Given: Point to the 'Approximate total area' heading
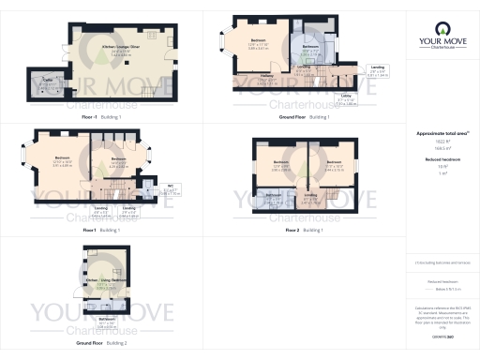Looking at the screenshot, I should click(441, 133).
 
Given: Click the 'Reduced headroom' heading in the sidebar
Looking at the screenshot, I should click(442, 159).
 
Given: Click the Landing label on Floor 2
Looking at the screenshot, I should click(310, 197).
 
